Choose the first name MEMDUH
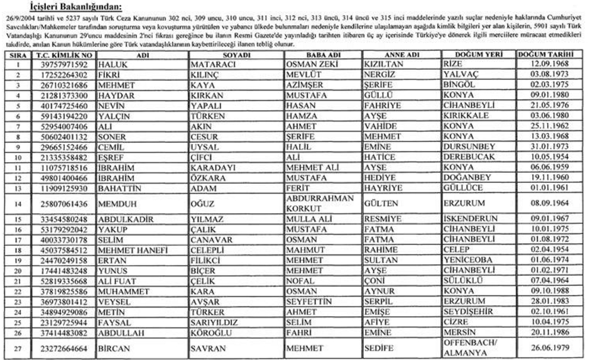tap(114, 204)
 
